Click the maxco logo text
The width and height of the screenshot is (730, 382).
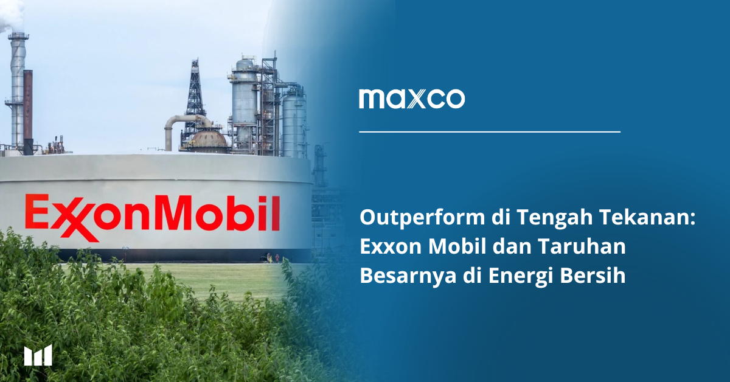point(412,99)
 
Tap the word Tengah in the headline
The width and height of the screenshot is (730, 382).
point(554,218)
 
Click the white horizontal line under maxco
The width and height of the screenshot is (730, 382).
point(490,131)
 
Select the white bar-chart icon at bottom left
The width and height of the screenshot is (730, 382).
point(38,355)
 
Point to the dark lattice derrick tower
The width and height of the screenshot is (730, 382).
point(195,98)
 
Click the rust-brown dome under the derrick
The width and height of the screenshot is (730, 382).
point(209,139)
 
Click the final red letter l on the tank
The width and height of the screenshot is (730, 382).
point(276,212)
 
